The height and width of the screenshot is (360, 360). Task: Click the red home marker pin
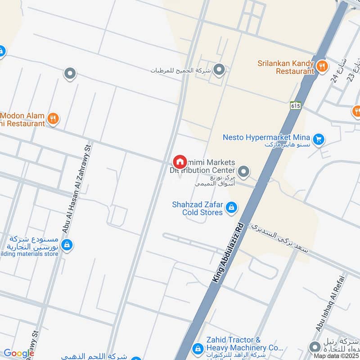[180, 161]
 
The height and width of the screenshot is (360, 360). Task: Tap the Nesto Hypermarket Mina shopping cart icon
[319, 139]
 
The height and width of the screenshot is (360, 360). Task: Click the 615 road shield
[295, 105]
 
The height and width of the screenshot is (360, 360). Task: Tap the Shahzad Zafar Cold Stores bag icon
[231, 207]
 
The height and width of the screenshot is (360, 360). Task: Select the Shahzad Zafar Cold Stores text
[198, 208]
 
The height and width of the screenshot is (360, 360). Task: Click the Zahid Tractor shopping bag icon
[198, 349]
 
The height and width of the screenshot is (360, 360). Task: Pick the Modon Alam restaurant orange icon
[53, 119]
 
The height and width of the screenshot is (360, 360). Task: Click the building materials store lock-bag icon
[67, 245]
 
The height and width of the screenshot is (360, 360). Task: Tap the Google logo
[18, 353]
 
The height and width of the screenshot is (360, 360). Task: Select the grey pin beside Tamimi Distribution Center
[243, 171]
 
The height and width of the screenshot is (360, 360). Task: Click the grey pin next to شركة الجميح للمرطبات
[219, 70]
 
